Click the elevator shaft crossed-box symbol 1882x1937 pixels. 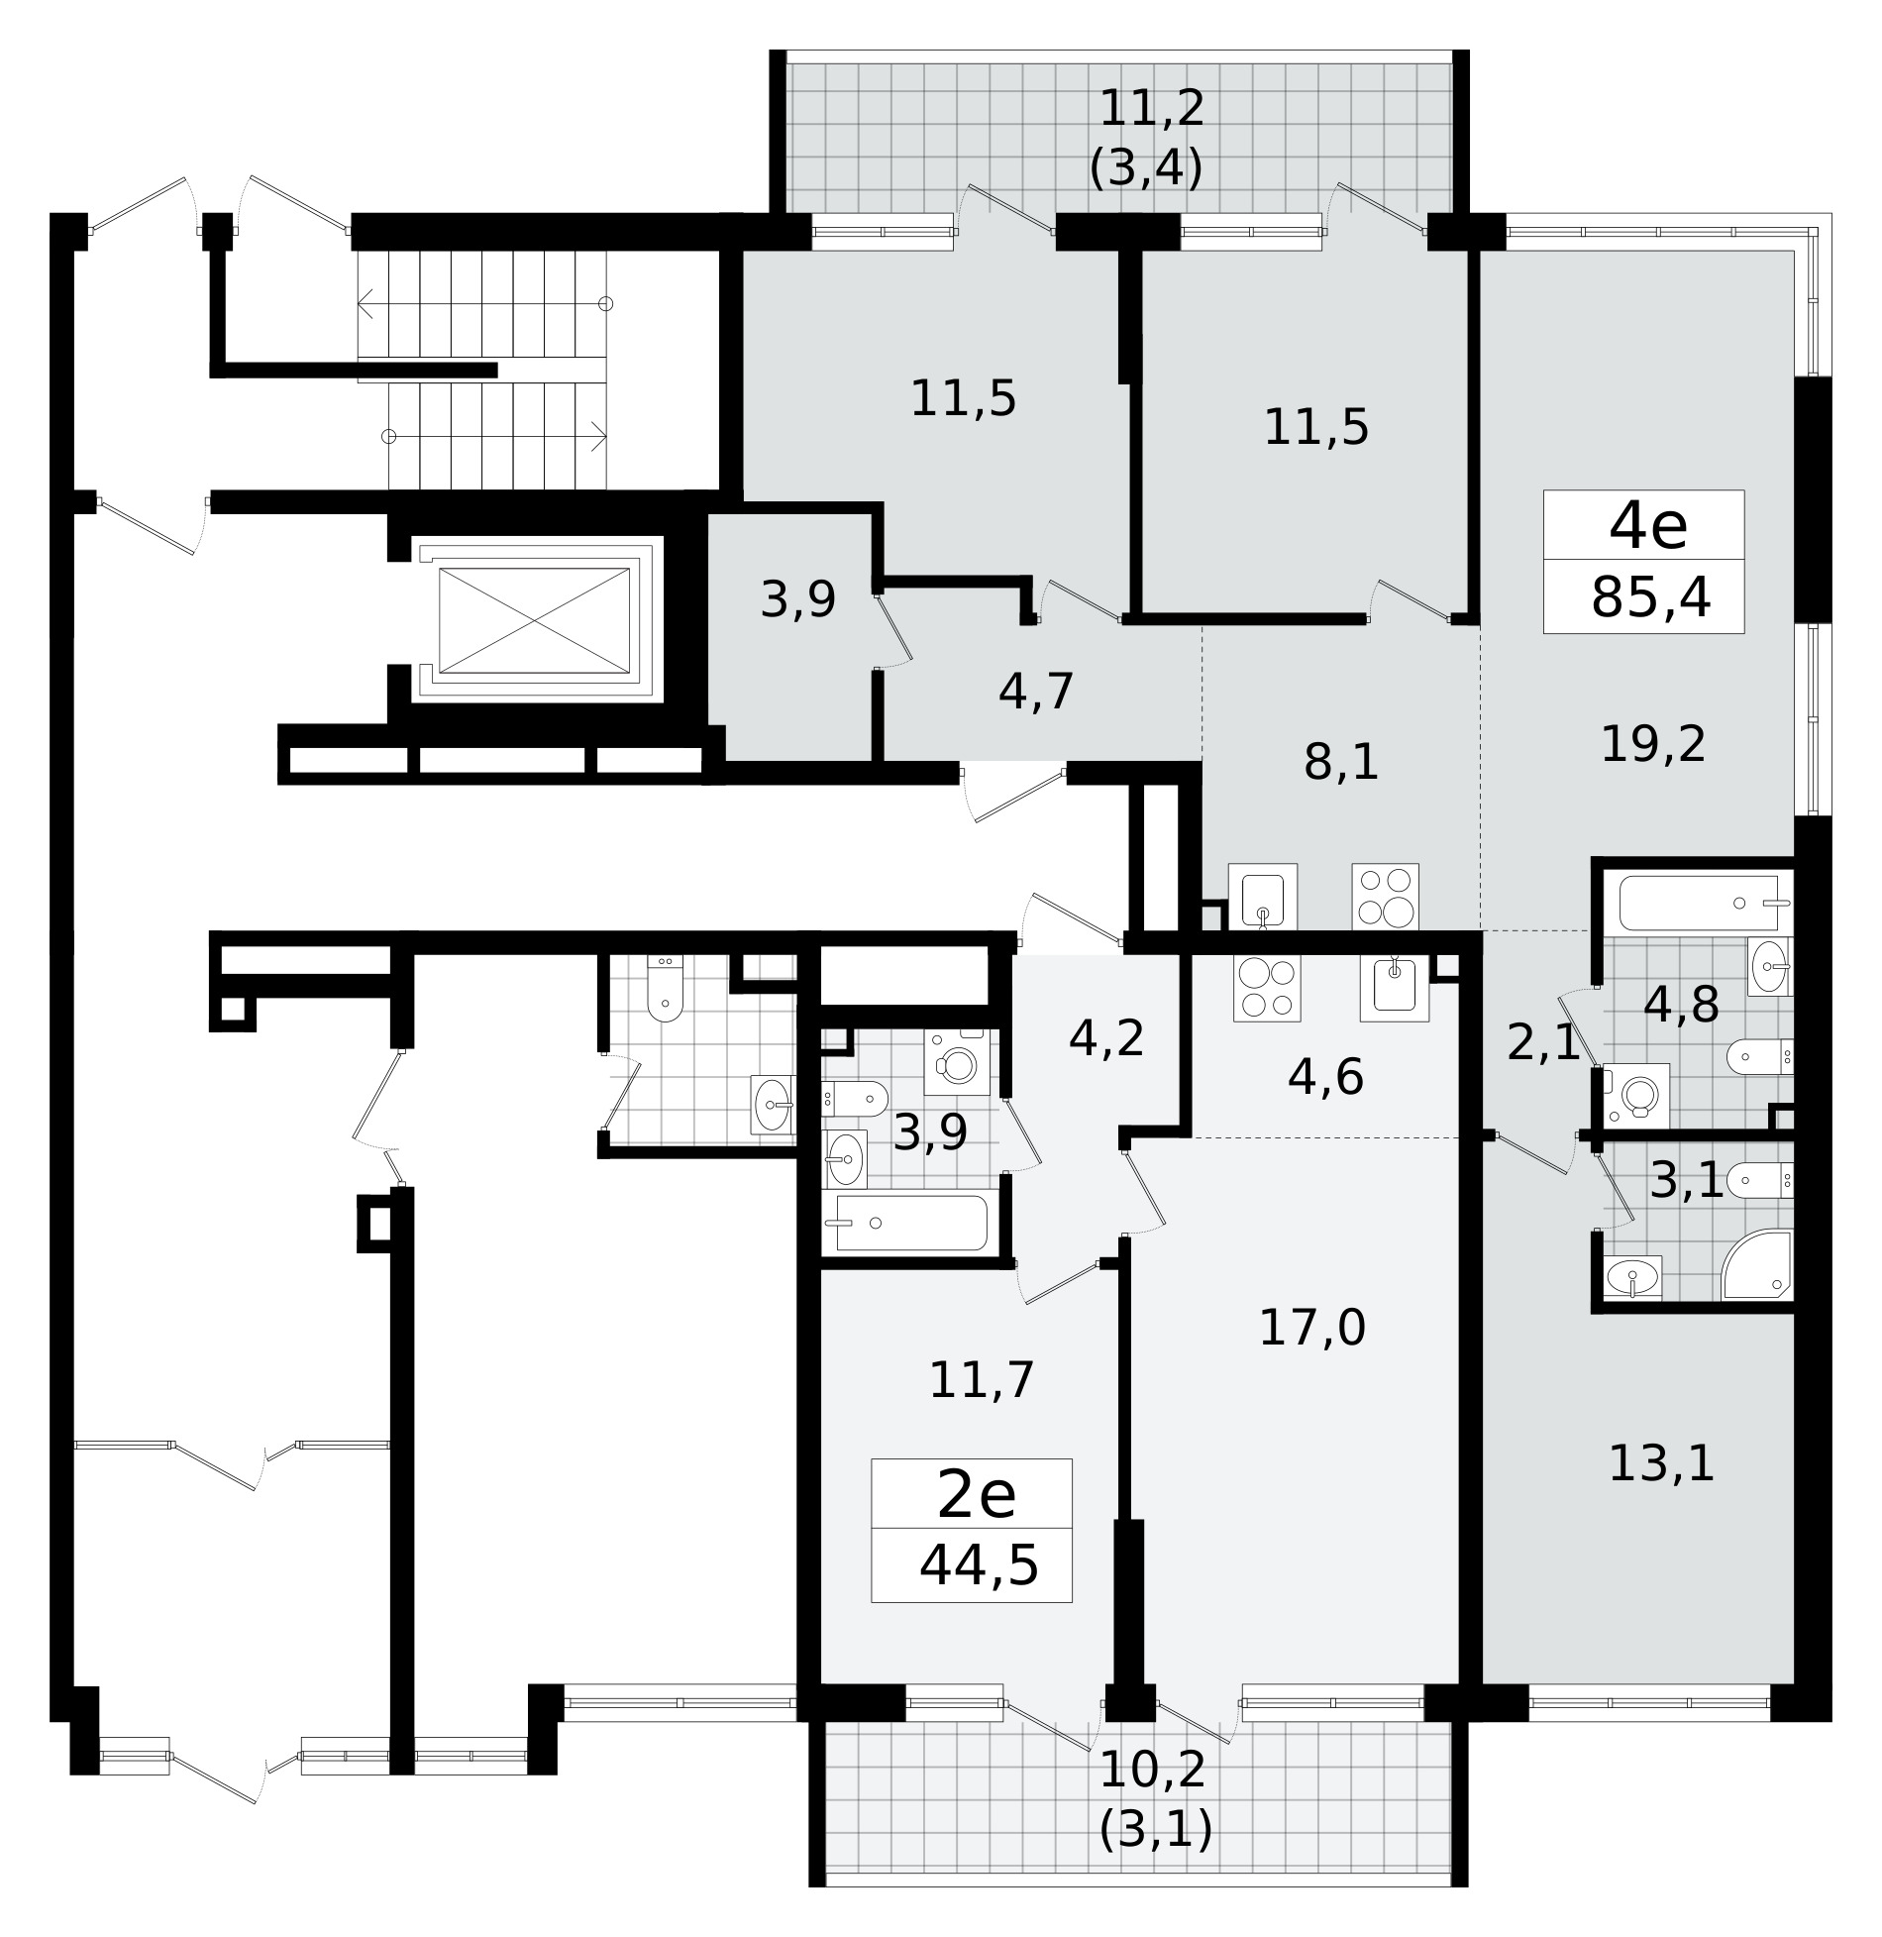point(534,620)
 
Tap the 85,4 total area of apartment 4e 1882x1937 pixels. point(1651,598)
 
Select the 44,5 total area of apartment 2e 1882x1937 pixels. point(979,1566)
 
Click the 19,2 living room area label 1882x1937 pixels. point(1653,743)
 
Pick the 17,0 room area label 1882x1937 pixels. point(1312,1327)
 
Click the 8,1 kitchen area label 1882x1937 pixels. point(1341,762)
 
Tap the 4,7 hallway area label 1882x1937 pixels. point(1036,691)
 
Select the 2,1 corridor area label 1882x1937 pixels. point(1543,1043)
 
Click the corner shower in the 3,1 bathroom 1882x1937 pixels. point(1757,1265)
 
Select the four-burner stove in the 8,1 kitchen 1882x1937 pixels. point(1385,896)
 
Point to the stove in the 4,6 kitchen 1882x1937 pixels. point(1267,988)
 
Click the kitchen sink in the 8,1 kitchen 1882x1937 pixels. point(1263,896)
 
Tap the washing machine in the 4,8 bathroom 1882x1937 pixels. point(1635,1096)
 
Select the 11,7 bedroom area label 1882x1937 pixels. point(981,1379)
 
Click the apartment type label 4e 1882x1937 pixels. point(1648,528)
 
